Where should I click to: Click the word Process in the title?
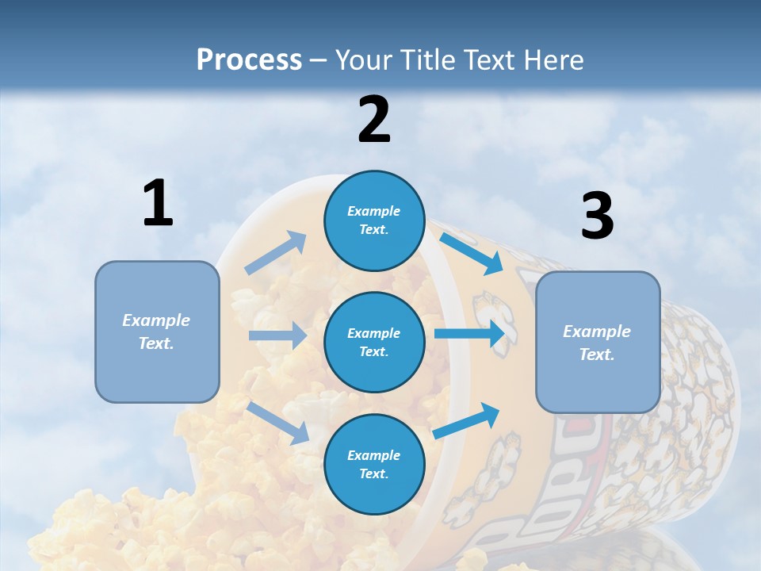click(249, 60)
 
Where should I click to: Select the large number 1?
click(158, 204)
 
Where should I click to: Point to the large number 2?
click(374, 120)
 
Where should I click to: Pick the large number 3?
click(597, 217)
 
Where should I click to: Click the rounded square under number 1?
click(157, 331)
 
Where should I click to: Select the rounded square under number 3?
click(598, 342)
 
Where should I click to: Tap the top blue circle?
click(374, 220)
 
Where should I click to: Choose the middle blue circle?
click(374, 342)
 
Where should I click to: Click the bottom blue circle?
click(374, 464)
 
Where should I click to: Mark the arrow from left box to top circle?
click(276, 253)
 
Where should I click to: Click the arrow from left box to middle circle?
click(278, 335)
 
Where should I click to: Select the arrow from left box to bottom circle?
click(278, 423)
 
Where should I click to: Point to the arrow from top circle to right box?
click(472, 253)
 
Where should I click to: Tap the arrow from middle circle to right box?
click(470, 333)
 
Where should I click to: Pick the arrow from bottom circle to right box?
click(467, 420)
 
